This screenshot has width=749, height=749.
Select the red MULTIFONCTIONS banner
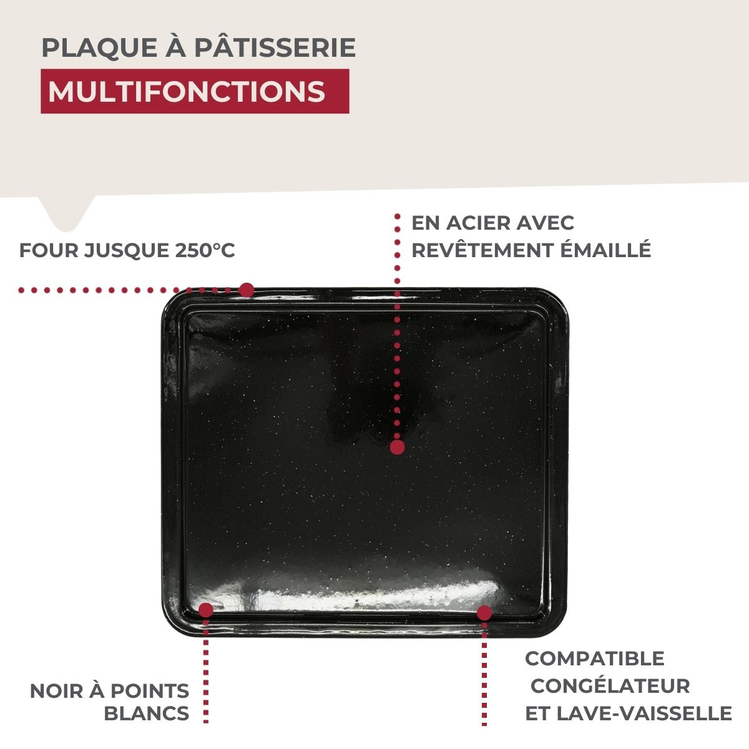point(194,91)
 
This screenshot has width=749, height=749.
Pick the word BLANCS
point(147,713)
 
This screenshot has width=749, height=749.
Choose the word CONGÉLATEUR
point(610,686)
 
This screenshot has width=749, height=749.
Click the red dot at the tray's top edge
point(247,290)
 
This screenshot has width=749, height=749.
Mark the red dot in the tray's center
point(397,447)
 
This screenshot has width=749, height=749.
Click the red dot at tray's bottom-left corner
point(205,610)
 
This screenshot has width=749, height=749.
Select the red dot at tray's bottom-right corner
point(484,613)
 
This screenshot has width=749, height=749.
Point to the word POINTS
point(150,691)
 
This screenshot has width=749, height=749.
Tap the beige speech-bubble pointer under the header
point(67,210)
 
